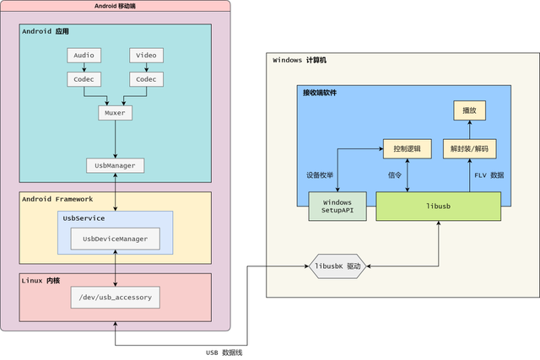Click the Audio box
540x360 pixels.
coord(84,56)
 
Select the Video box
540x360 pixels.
coord(146,56)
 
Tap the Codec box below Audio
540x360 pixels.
coord(84,79)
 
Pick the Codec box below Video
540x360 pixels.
coord(146,79)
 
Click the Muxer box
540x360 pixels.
coord(115,113)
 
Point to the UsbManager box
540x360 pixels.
coord(115,165)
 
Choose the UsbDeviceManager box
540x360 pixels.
coord(115,239)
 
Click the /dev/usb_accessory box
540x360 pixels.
coord(115,298)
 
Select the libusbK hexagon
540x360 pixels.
coord(337,266)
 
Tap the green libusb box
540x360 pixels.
coord(438,207)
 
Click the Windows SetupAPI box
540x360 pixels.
coord(337,207)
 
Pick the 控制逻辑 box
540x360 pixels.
coord(408,148)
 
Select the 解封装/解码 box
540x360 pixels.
coord(470,148)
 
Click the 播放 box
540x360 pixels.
coord(470,110)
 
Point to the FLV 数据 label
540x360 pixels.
coord(489,175)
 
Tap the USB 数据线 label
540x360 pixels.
coord(224,352)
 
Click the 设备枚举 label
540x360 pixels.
coord(320,175)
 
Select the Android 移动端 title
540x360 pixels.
coord(115,6)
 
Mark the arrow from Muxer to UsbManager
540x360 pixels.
coord(115,139)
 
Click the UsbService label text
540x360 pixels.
coord(84,218)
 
